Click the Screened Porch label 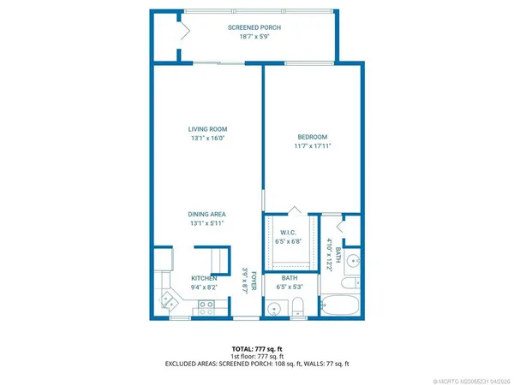pos(254,27)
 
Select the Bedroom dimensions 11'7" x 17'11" pos(313,146)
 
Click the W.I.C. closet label pos(288,232)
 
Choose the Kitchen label pos(203,278)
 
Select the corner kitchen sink pos(166,299)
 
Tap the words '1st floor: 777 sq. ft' pos(256,357)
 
